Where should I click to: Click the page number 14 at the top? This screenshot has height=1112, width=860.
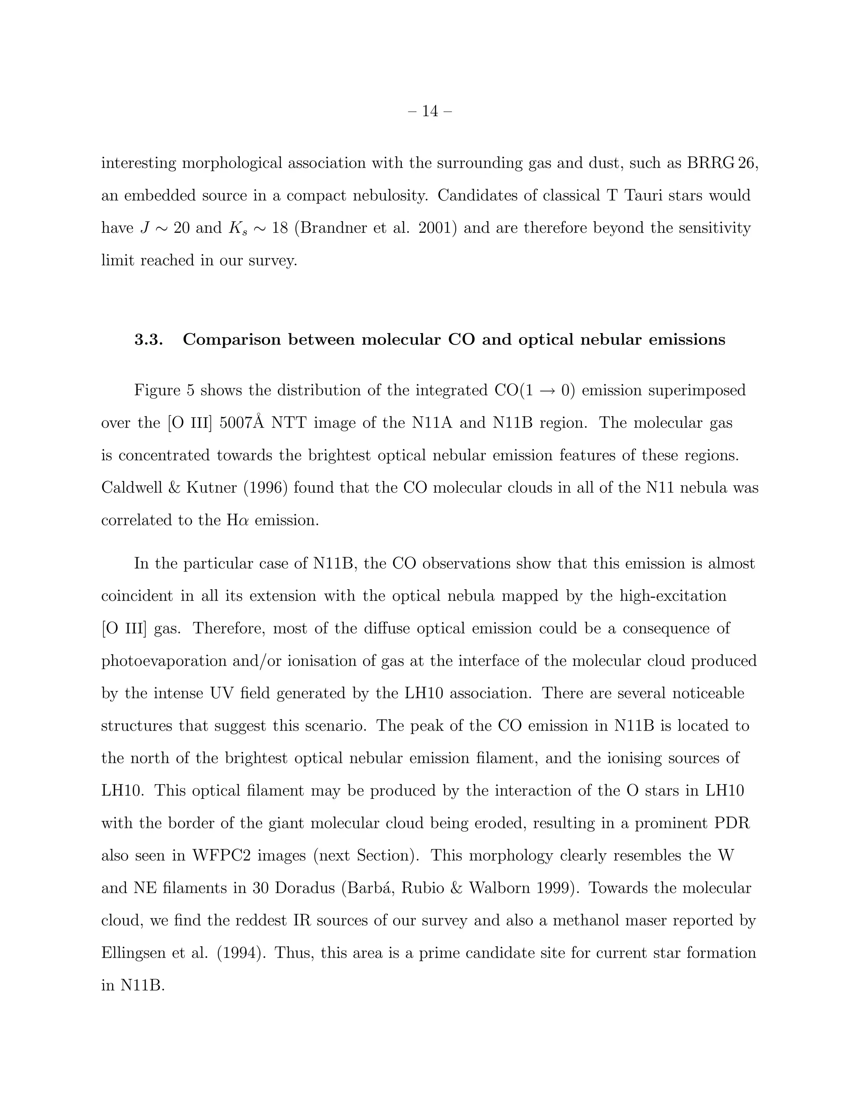(x=430, y=111)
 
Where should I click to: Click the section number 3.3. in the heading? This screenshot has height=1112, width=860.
(x=148, y=339)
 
